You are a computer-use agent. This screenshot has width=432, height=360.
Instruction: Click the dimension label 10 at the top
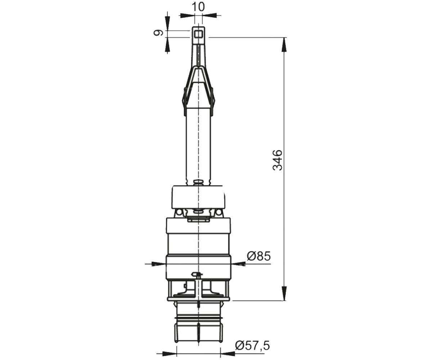(x=198, y=6)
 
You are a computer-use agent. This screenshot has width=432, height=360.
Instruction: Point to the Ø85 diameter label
(x=258, y=256)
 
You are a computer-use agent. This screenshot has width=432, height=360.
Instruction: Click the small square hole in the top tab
(x=198, y=34)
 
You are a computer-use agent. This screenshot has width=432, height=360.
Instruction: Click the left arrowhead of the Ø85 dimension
(x=159, y=264)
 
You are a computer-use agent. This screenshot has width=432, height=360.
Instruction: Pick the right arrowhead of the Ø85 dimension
(x=238, y=264)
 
